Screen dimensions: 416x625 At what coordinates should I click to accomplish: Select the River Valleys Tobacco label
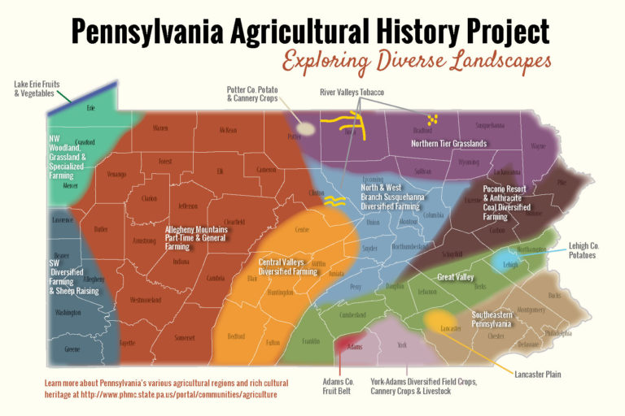click(x=352, y=93)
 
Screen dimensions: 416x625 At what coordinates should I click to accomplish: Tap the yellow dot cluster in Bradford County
click(x=433, y=119)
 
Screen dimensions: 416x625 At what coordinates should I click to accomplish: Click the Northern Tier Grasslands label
click(x=448, y=144)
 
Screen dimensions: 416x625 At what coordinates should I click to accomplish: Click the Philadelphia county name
click(x=557, y=333)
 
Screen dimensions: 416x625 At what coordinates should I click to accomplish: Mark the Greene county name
click(x=72, y=349)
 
